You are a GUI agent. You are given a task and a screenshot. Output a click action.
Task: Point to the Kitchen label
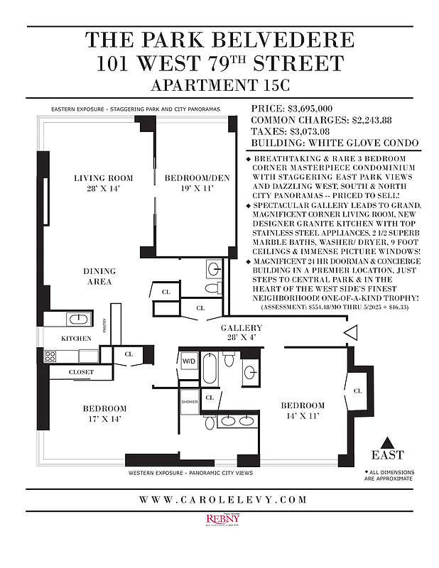point(76,339)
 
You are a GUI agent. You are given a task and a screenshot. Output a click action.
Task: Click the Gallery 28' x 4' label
point(242,333)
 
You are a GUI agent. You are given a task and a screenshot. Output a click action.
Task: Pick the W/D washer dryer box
point(188,361)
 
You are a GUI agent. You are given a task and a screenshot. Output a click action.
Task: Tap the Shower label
point(189,401)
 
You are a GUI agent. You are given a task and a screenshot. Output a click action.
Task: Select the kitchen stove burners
point(50,356)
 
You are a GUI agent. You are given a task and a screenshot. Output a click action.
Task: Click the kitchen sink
point(80,319)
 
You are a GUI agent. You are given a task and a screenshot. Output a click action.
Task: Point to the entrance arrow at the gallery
point(350,332)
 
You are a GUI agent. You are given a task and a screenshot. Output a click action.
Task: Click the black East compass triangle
point(387,440)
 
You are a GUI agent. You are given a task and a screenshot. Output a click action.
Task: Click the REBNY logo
point(220,520)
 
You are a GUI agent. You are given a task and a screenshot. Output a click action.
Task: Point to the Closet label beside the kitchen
point(81,372)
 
